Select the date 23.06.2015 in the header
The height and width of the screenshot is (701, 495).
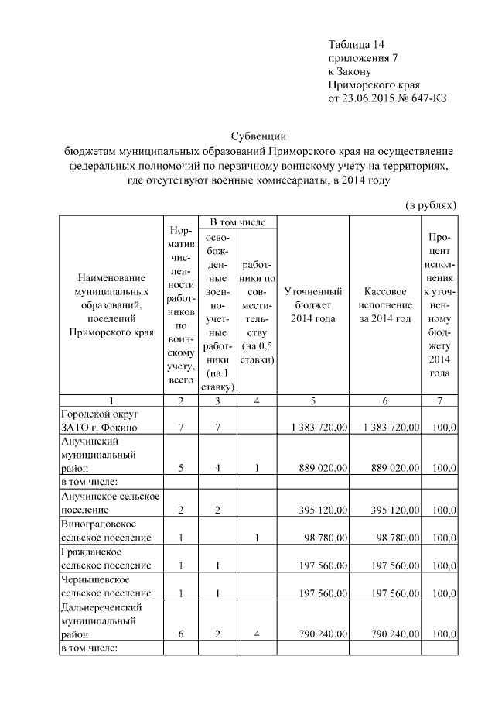tap(367, 98)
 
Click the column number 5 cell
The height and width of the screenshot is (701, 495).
tap(313, 400)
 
